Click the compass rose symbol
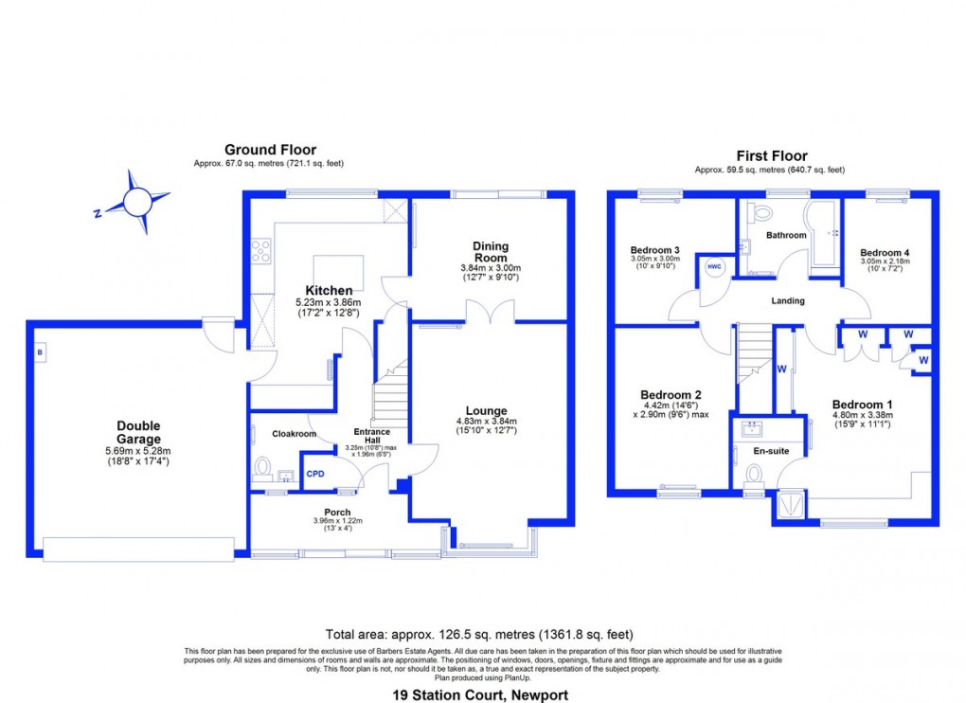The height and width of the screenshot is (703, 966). pyautogui.click(x=137, y=201)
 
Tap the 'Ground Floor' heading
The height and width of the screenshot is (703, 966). pyautogui.click(x=270, y=150)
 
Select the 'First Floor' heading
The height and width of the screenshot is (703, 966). pyautogui.click(x=771, y=156)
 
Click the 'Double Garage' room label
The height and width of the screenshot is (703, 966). pyautogui.click(x=138, y=433)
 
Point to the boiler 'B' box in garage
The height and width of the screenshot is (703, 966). pyautogui.click(x=40, y=352)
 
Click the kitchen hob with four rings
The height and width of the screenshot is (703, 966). pyautogui.click(x=260, y=251)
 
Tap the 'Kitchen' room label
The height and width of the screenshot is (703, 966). pyautogui.click(x=329, y=290)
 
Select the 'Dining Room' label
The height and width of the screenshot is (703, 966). pyautogui.click(x=491, y=252)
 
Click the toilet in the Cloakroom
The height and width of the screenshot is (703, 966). pyautogui.click(x=264, y=467)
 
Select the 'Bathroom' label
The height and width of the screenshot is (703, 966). pyautogui.click(x=787, y=235)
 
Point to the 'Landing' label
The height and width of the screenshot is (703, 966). pyautogui.click(x=787, y=300)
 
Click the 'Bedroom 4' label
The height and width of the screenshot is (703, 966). pyautogui.click(x=885, y=253)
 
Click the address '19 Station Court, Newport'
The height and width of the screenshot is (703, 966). pyautogui.click(x=482, y=694)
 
